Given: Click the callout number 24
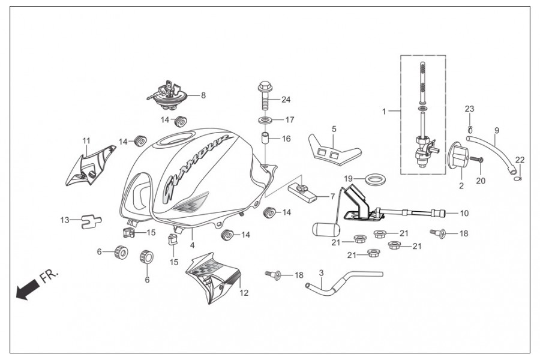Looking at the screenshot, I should click(x=286, y=99).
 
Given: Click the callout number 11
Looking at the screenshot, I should click(x=86, y=140).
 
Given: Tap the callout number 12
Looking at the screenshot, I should click(x=244, y=293).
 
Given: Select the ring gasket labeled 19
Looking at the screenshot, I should click(x=376, y=178).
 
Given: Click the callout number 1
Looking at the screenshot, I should click(x=385, y=111).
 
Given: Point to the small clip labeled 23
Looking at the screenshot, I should click(x=470, y=128).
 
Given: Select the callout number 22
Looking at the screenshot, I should click(x=520, y=160).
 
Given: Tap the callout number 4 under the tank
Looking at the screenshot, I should click(x=192, y=245).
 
